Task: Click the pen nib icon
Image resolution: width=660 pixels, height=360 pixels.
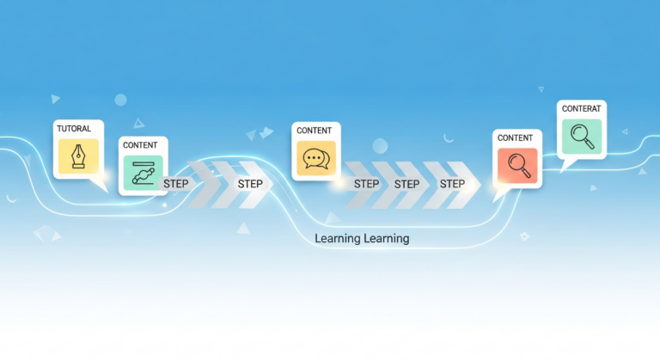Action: click(x=78, y=156)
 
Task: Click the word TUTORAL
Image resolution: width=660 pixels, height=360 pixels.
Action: click(x=74, y=129)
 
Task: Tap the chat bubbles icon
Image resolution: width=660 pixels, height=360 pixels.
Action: click(x=315, y=159)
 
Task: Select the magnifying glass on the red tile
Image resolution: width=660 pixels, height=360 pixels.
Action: click(x=517, y=164)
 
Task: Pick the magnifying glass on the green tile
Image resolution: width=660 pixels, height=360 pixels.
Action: click(x=582, y=136)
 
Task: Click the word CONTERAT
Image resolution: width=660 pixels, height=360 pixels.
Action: click(x=581, y=109)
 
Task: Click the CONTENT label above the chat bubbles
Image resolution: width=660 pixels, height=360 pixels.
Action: click(x=314, y=131)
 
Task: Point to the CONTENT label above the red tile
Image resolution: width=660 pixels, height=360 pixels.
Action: click(x=516, y=137)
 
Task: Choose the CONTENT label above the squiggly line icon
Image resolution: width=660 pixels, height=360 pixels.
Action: click(x=140, y=146)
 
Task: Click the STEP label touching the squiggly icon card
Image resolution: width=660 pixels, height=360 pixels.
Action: click(x=177, y=184)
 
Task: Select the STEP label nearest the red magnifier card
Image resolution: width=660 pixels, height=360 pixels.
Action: click(x=452, y=184)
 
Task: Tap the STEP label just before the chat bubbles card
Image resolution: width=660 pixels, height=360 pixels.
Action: click(x=250, y=184)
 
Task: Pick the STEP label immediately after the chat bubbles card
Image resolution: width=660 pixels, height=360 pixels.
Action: click(x=367, y=184)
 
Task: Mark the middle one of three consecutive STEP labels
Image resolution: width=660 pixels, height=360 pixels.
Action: click(x=407, y=184)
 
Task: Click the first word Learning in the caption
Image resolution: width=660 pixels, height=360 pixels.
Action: click(x=338, y=238)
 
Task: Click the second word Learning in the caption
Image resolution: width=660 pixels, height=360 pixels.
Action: click(x=386, y=238)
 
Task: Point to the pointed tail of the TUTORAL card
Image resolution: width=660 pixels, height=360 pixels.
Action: click(x=105, y=186)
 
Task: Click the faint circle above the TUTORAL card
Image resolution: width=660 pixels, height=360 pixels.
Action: click(x=120, y=100)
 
